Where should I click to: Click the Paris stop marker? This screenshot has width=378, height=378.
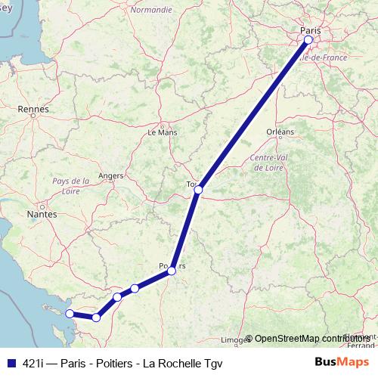tap(308, 39)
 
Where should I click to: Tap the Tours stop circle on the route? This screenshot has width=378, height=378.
tap(198, 190)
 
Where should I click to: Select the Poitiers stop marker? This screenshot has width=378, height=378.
tap(172, 270)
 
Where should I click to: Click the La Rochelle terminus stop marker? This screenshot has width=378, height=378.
tap(70, 313)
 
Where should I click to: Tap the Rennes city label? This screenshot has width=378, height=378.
tap(33, 109)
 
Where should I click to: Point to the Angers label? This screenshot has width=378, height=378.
tap(110, 175)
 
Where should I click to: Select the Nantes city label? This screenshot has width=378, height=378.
tap(42, 215)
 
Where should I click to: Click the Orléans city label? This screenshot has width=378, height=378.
tap(280, 132)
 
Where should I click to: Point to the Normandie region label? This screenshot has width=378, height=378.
tap(151, 11)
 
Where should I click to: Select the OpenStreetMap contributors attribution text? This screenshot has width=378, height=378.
tap(309, 338)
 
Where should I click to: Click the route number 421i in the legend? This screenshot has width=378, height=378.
tap(32, 361)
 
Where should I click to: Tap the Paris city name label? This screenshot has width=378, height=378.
tap(310, 30)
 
